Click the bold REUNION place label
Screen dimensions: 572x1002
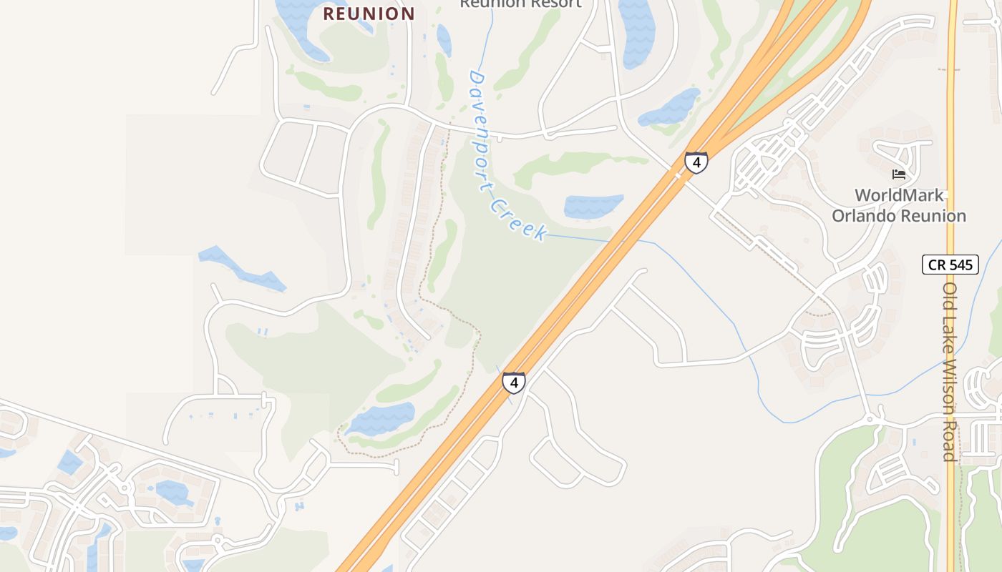coord(369,14)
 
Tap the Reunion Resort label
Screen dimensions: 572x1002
coord(520,4)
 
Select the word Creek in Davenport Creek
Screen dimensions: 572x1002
coord(520,220)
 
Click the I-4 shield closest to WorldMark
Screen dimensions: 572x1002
coord(696,162)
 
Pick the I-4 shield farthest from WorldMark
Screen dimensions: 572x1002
coord(513,383)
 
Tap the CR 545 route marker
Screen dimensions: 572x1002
coord(950,265)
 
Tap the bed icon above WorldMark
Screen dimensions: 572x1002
coord(899,174)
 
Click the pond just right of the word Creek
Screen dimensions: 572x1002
coord(593,207)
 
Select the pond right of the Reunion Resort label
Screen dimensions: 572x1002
coord(636,32)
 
